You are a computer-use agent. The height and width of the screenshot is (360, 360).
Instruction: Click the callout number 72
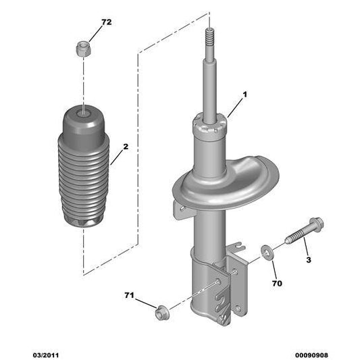[106, 22]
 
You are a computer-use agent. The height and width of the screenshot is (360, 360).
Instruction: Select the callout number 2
[126, 147]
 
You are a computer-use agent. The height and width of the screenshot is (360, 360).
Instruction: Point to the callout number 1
[245, 95]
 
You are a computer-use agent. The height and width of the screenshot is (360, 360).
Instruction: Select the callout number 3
[307, 260]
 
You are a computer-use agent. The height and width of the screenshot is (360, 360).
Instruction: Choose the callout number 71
[129, 295]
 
